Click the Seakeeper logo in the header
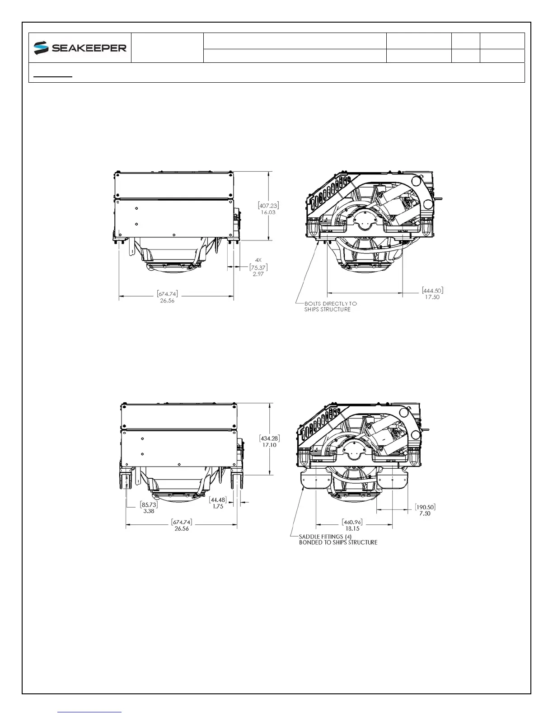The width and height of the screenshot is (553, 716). (x=80, y=48)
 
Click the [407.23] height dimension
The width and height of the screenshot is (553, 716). (x=268, y=206)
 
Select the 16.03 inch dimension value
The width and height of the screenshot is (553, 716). (x=268, y=212)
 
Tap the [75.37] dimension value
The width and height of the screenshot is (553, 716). (x=258, y=267)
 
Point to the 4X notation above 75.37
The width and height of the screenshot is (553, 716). (x=258, y=260)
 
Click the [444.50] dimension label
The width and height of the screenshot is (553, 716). (x=433, y=291)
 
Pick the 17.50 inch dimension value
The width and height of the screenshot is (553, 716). (x=432, y=297)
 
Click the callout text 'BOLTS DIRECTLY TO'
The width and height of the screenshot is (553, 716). (x=330, y=303)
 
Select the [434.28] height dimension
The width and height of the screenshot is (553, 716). (x=270, y=438)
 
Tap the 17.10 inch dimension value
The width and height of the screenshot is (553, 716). (x=269, y=445)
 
